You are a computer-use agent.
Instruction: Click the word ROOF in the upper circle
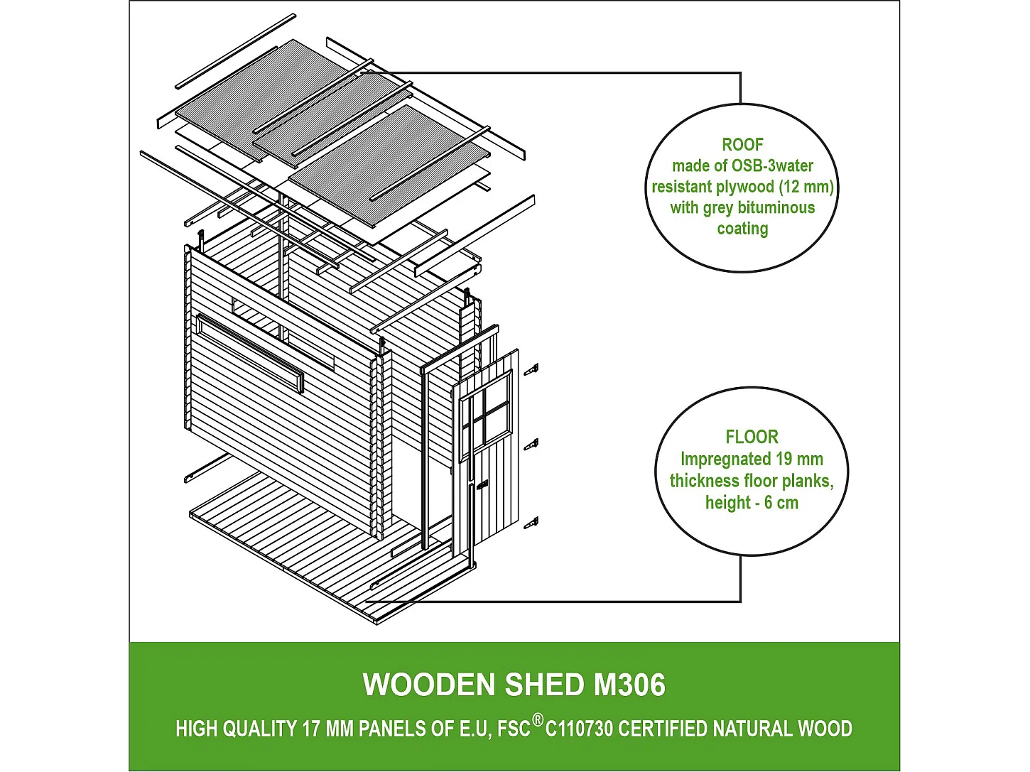(742, 144)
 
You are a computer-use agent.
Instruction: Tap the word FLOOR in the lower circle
(752, 437)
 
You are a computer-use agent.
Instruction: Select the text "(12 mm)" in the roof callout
(806, 187)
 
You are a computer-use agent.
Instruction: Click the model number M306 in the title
(630, 685)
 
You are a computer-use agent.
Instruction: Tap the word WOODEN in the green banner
(429, 685)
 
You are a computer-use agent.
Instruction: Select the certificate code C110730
(579, 729)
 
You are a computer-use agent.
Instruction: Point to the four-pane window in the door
(485, 414)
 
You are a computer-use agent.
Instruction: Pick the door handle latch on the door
(482, 486)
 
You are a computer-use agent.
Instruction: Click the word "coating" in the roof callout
(742, 229)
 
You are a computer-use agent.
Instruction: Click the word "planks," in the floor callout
(811, 481)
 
